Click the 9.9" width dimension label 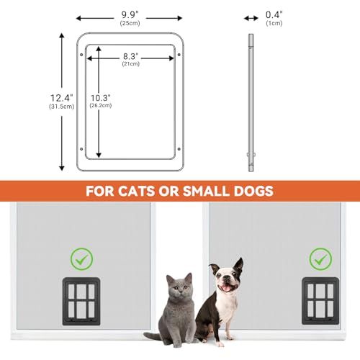130,14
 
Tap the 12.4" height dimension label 61,98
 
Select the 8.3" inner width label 131,56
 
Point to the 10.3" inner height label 101,98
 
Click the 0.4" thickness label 274,14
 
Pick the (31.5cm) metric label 61,107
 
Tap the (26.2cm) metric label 101,105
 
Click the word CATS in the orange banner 136,191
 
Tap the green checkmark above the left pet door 81,259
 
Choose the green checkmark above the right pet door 320,259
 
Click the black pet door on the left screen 81,302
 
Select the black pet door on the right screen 320,301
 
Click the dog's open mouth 226,287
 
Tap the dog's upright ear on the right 238,267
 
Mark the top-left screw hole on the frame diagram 81,55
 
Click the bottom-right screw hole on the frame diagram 179,149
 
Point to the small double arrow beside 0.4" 251,18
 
